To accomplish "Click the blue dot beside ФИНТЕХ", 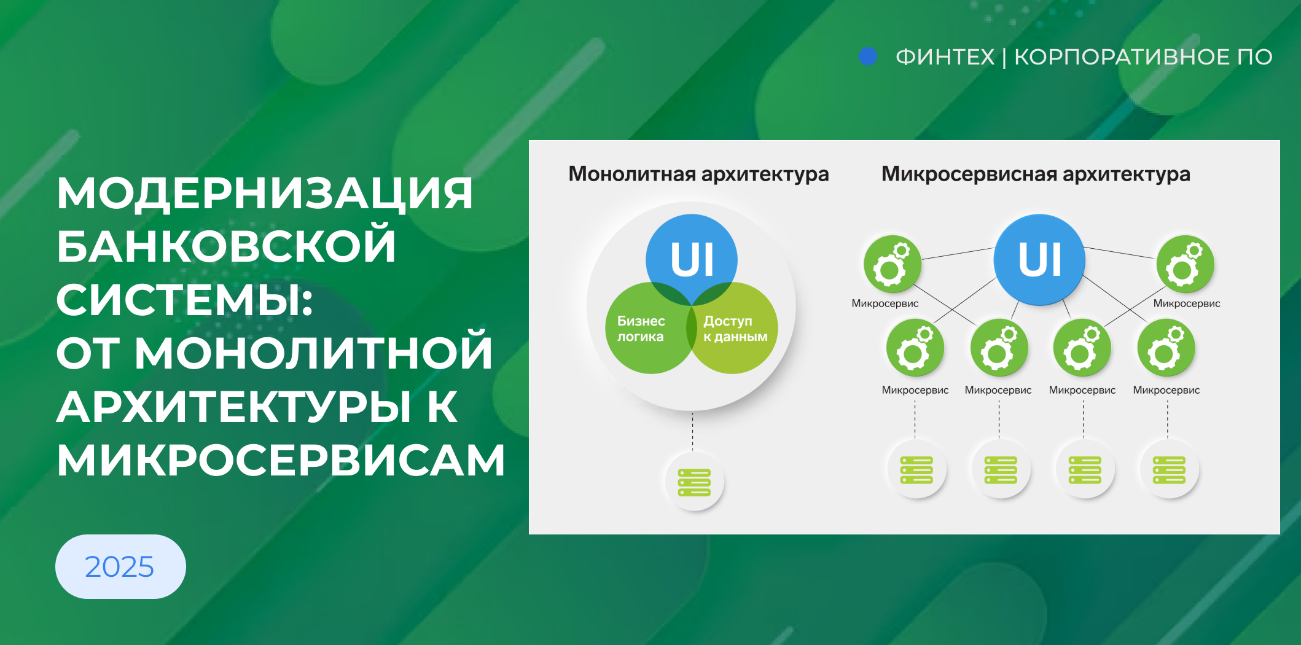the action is click(x=868, y=57).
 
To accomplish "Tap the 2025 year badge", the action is click(x=120, y=566).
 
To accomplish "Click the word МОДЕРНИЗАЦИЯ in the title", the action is click(x=265, y=193).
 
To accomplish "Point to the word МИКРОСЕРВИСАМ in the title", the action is click(x=281, y=460).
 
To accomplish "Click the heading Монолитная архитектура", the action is click(x=698, y=174).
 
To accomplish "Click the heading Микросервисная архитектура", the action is click(x=1036, y=174).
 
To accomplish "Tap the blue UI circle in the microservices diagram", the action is click(x=1039, y=259).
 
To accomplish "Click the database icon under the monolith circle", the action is click(x=694, y=482).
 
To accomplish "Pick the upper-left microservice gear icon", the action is click(x=893, y=264).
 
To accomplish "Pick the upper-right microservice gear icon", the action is click(x=1185, y=264).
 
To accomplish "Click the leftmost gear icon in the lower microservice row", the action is click(x=915, y=348).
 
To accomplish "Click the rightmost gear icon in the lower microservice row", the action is click(x=1166, y=348).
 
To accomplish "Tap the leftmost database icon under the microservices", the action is click(x=916, y=470).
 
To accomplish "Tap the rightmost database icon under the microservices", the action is click(x=1169, y=470).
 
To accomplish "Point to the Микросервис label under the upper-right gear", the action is click(x=1187, y=303).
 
